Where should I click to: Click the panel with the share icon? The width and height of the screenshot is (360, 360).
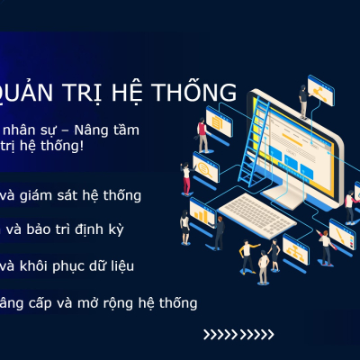tap(320, 88)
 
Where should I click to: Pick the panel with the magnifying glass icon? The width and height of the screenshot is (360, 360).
tap(206, 168)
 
